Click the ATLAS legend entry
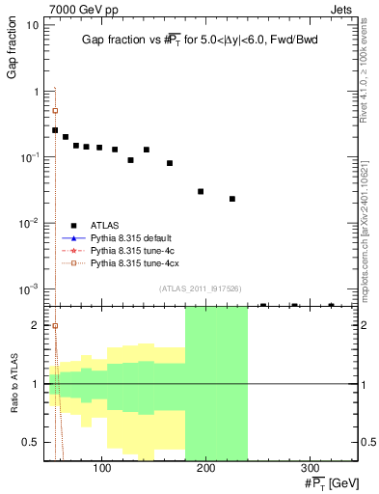pyautogui.click(x=103, y=225)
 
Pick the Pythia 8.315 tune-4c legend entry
pyautogui.click(x=130, y=250)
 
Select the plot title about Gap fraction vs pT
pyautogui.click(x=199, y=40)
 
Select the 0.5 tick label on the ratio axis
pyautogui.click(x=30, y=443)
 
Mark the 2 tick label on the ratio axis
pyautogui.click(x=35, y=325)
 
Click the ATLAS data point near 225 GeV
pyautogui.click(x=232, y=199)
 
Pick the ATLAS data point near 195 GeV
pyautogui.click(x=201, y=191)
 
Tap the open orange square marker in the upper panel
pyautogui.click(x=55, y=111)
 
